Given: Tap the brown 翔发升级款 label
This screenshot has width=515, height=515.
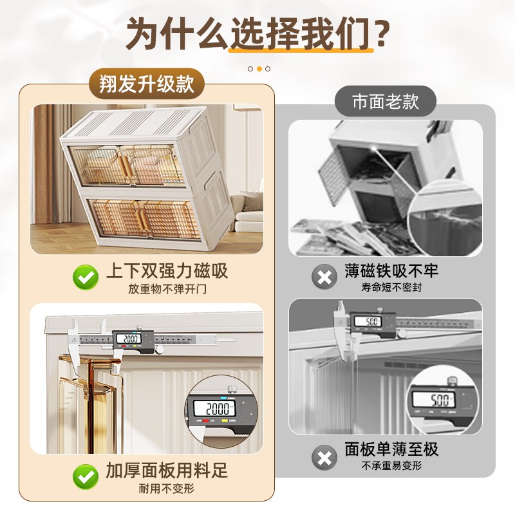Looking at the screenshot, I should tap(147, 84).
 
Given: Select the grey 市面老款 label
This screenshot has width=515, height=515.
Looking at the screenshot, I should tap(385, 102).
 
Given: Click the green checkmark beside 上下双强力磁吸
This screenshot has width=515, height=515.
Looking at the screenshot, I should tap(84, 277).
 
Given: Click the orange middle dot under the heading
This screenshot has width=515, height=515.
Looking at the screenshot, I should tap(259, 68).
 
